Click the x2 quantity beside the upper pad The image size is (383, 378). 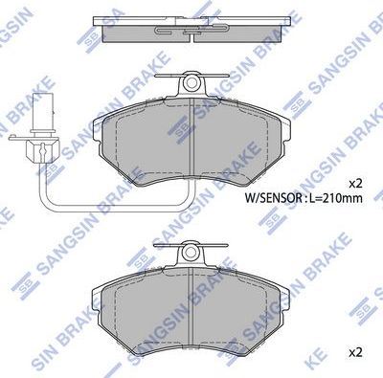pos(355,182)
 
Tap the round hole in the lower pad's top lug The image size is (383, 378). pos(191,254)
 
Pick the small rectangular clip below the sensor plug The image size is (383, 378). pos(41,149)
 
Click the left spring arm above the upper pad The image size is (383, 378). pos(167,80)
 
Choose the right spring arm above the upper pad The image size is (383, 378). pos(217,80)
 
